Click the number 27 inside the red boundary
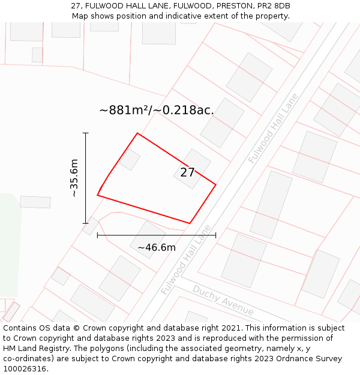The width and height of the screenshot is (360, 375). pyautogui.click(x=187, y=173)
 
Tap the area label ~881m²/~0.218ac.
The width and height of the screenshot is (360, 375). pyautogui.click(x=157, y=110)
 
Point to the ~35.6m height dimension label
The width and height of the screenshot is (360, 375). pyautogui.click(x=74, y=178)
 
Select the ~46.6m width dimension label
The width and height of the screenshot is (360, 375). pyautogui.click(x=157, y=247)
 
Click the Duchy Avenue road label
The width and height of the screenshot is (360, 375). pyautogui.click(x=223, y=300)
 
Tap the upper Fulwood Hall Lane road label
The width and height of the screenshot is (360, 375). pyautogui.click(x=273, y=128)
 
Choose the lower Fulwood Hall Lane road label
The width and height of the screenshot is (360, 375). pyautogui.click(x=186, y=260)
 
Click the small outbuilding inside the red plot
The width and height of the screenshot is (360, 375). pyautogui.click(x=129, y=159)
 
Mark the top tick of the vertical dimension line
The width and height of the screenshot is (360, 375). pyautogui.click(x=85, y=133)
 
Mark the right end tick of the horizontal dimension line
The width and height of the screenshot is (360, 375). pyautogui.click(x=215, y=235)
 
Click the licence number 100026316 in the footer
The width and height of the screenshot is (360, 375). pyautogui.click(x=23, y=369)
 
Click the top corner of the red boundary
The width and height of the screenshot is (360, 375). pyautogui.click(x=137, y=133)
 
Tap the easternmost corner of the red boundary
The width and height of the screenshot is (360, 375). pyautogui.click(x=215, y=184)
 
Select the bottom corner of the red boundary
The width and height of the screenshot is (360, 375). pyautogui.click(x=190, y=223)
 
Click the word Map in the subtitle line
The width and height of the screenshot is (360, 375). pyautogui.click(x=80, y=16)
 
